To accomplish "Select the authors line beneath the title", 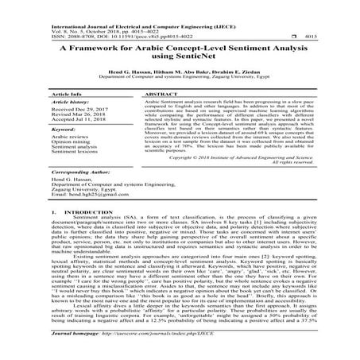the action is (180, 81).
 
